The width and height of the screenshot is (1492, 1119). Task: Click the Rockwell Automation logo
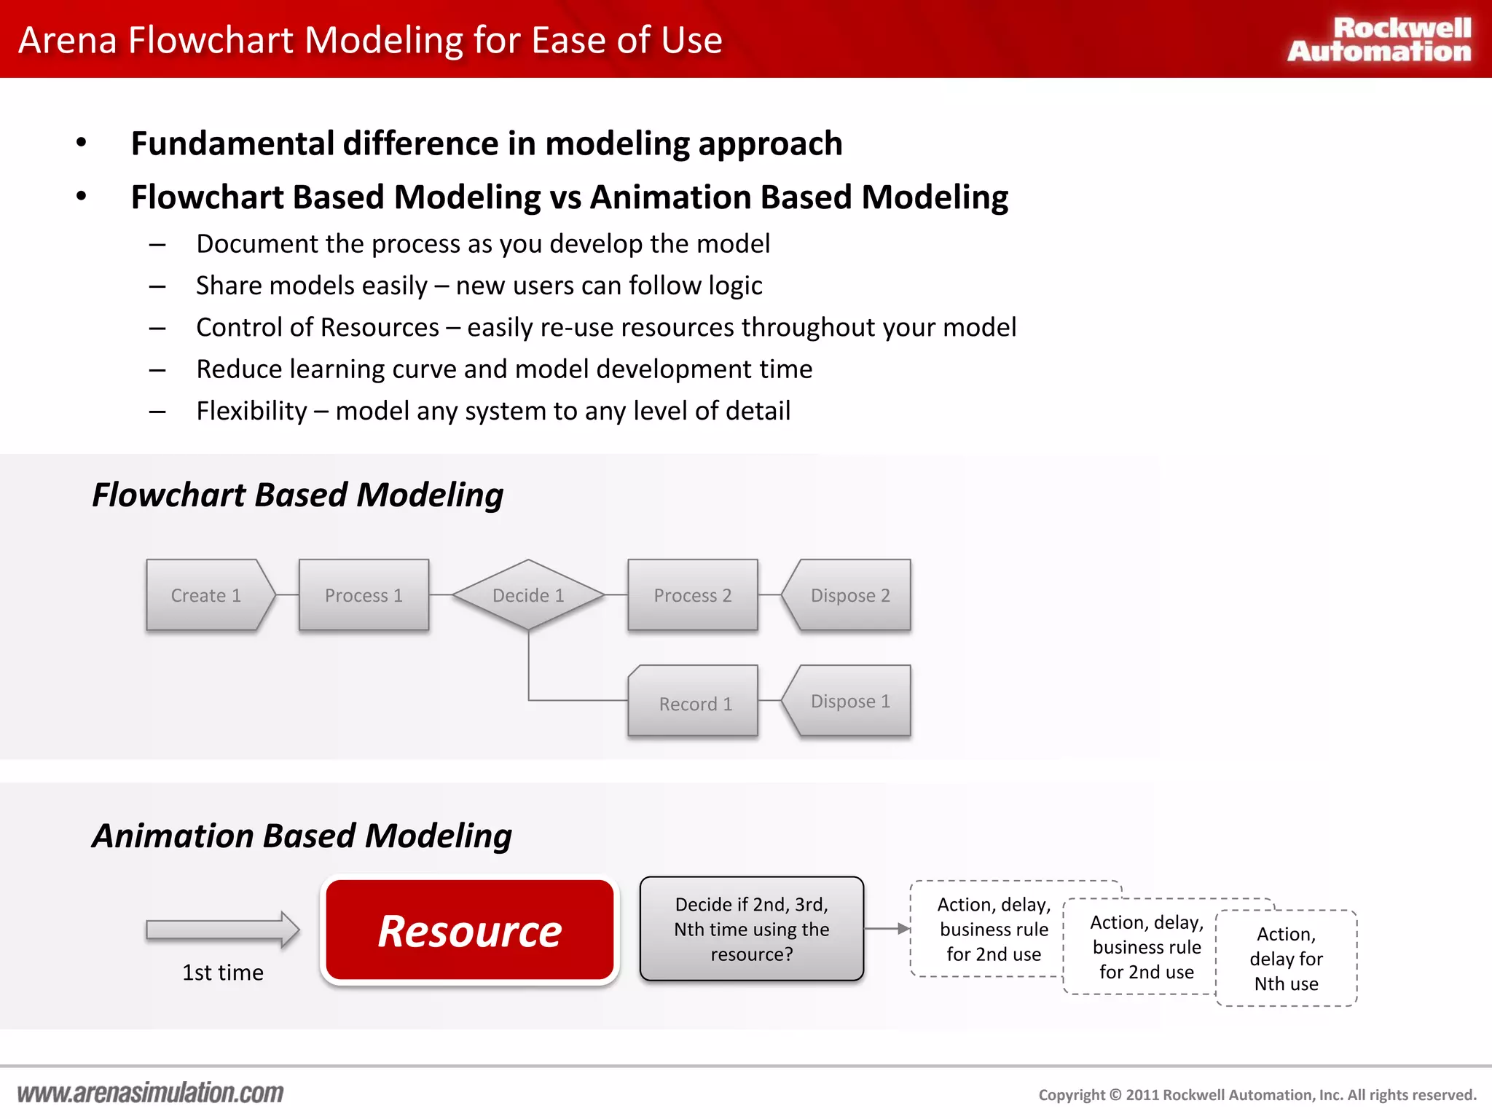(x=1379, y=39)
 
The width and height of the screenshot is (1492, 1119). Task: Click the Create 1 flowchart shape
(x=208, y=595)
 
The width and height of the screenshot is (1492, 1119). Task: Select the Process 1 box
(x=364, y=595)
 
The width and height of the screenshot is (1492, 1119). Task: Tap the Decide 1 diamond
(x=528, y=595)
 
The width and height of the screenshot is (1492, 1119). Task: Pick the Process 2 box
(x=692, y=595)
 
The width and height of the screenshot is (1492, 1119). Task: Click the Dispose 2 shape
(x=849, y=595)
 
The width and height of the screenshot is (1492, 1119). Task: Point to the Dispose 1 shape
(x=849, y=701)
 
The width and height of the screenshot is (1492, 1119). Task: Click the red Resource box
(x=470, y=930)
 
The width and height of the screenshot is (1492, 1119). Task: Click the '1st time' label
(x=222, y=973)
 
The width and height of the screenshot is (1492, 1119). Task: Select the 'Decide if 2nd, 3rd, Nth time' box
(x=751, y=929)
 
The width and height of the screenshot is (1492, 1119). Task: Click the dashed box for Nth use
(x=1287, y=959)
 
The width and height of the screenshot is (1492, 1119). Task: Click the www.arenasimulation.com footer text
(x=150, y=1093)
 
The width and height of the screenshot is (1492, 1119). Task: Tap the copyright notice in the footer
(x=1257, y=1095)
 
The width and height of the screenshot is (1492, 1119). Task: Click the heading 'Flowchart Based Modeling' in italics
(x=297, y=495)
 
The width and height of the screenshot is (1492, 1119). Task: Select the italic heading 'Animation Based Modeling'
(x=302, y=836)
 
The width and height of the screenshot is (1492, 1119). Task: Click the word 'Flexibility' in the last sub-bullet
(x=251, y=411)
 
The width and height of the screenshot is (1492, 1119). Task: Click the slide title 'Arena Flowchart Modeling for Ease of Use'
(x=370, y=40)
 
